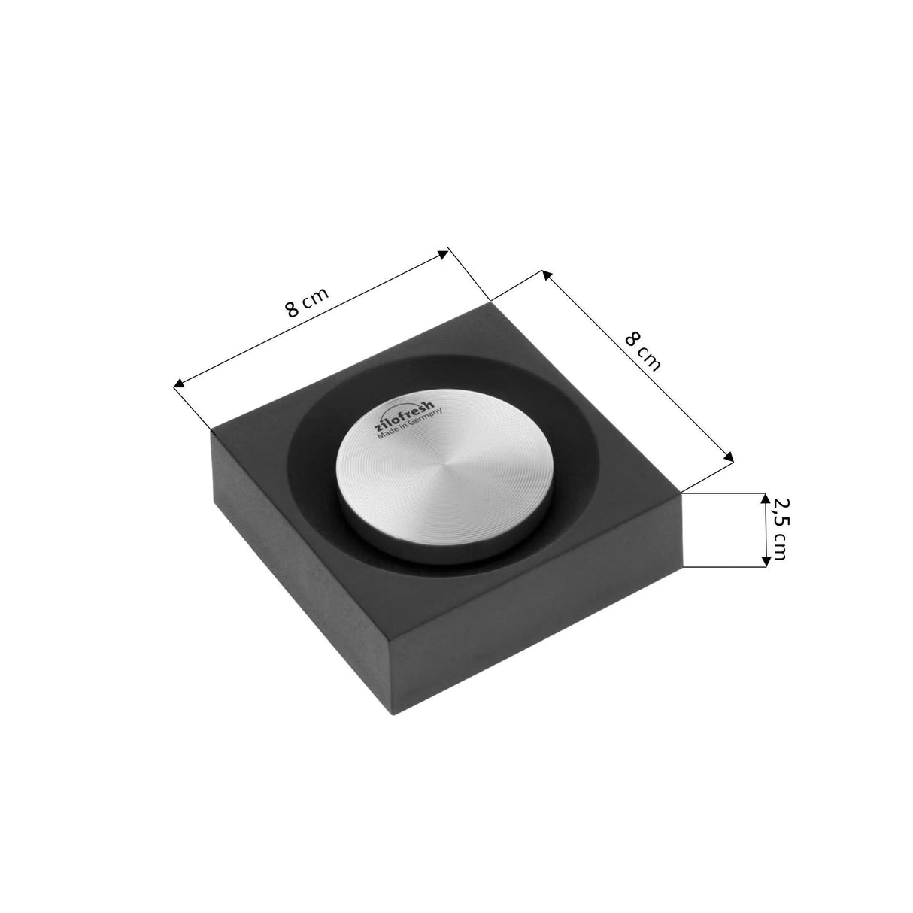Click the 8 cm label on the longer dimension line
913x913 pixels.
tap(307, 302)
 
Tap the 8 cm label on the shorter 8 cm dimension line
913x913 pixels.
tap(642, 351)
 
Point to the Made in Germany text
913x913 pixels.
tap(409, 423)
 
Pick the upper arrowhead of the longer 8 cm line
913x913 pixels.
tap(442, 254)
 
